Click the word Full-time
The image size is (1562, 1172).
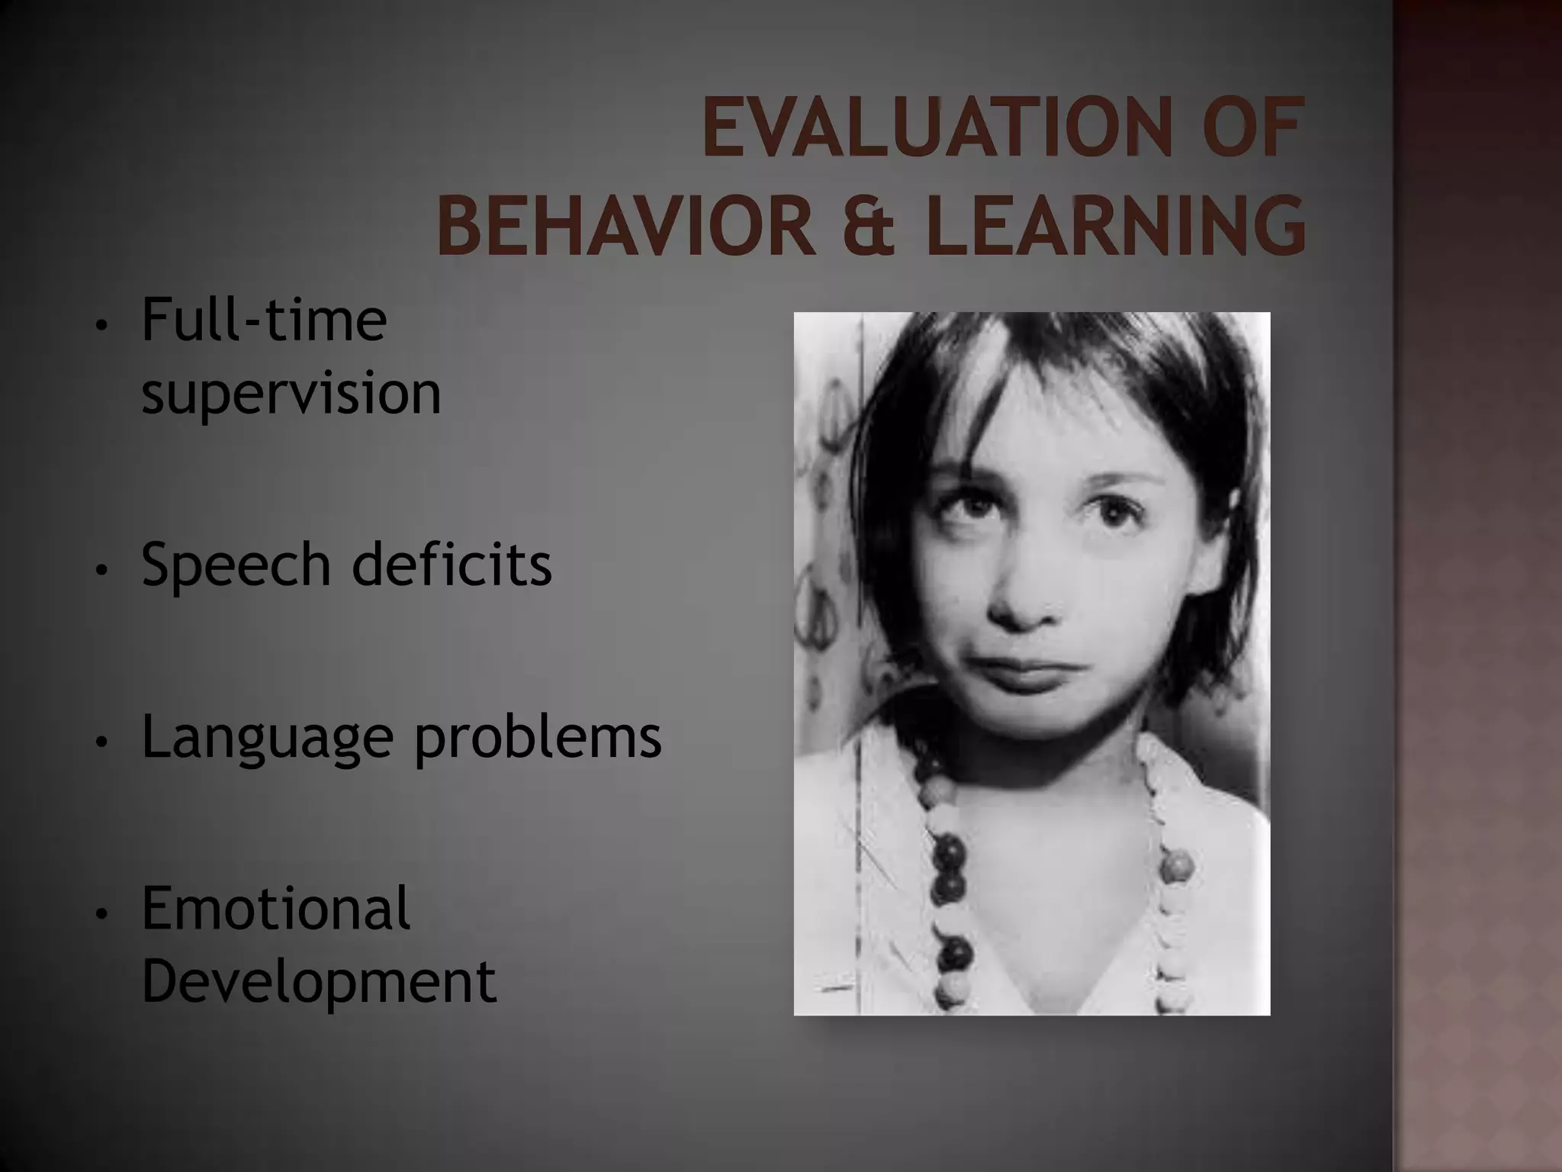(x=264, y=320)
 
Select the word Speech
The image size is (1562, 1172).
(x=236, y=565)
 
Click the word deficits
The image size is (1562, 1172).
(x=452, y=565)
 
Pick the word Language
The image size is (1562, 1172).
(x=267, y=739)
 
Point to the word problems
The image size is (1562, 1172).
(x=538, y=739)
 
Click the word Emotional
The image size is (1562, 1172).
(x=276, y=910)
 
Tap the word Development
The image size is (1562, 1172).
(x=319, y=983)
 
